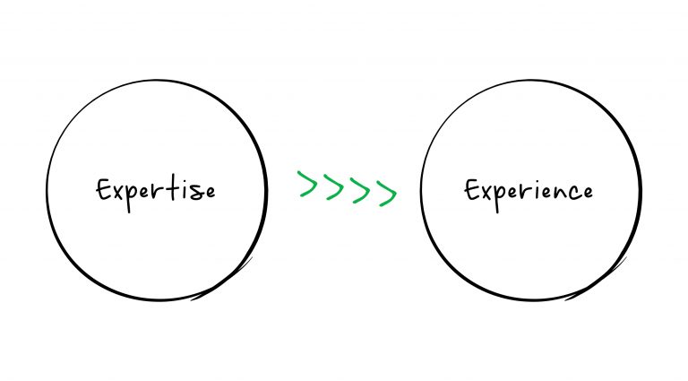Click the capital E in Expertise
103,190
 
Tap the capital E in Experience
472,190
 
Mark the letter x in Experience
486,193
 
